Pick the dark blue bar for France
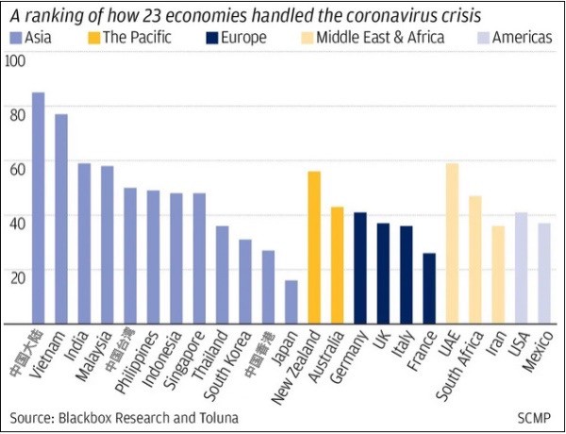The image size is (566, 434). pos(430,288)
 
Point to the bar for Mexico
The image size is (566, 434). pos(544,274)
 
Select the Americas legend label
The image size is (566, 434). pos(524,39)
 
